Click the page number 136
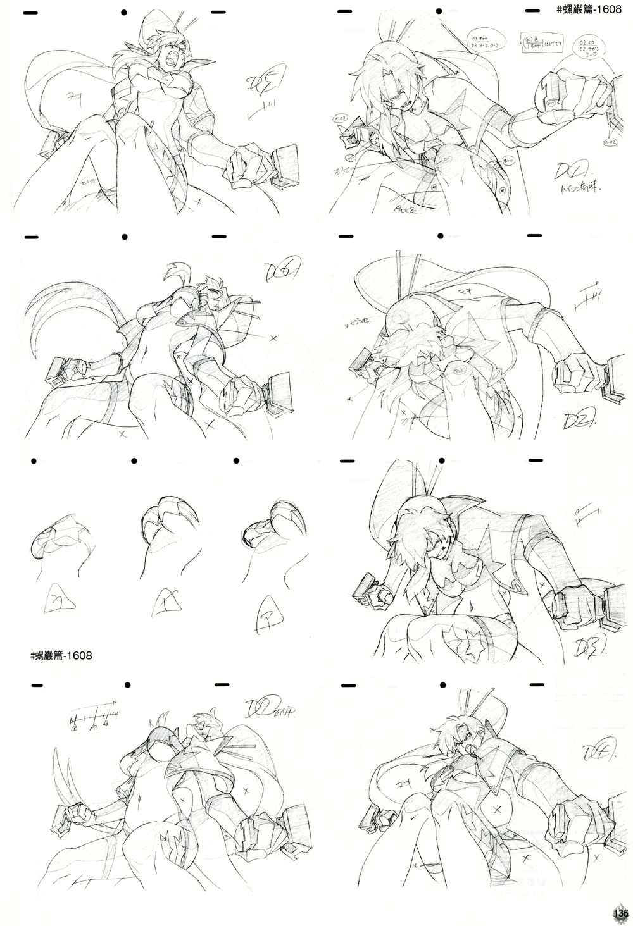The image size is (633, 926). click(x=619, y=914)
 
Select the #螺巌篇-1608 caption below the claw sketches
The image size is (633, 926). click(x=61, y=655)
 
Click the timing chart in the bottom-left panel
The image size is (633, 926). click(x=94, y=715)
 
